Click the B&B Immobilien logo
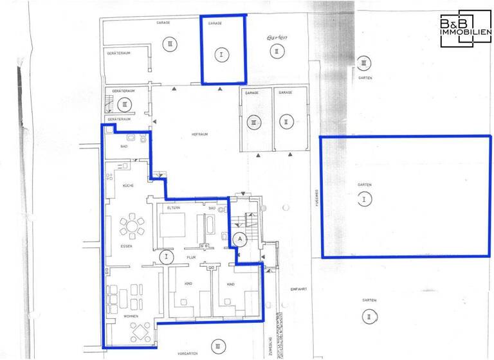tap(465, 29)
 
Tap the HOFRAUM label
tap(197, 134)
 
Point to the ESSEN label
tap(126, 246)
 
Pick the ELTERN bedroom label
tap(172, 208)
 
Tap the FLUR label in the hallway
tap(190, 257)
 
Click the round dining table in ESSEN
tap(132, 226)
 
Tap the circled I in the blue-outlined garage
tap(222, 55)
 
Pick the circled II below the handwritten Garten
tap(275, 50)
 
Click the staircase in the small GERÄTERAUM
tap(107, 102)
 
